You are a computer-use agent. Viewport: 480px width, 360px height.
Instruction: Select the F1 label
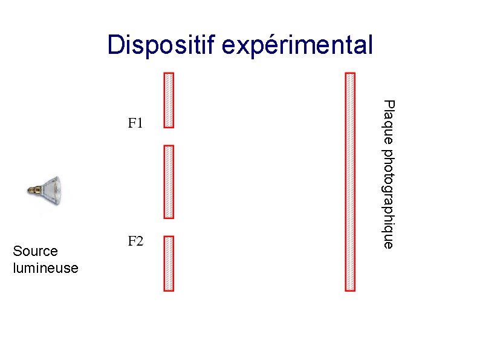(135, 124)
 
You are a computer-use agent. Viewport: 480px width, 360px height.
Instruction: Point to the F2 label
(135, 242)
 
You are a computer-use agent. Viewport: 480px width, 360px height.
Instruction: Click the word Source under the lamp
(35, 251)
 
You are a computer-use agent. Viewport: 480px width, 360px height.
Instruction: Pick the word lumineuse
(45, 267)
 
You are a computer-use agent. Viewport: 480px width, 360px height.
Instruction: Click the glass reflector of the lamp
(56, 191)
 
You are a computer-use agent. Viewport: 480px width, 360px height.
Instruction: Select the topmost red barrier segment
(169, 100)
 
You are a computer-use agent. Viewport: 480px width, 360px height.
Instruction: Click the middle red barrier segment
(169, 181)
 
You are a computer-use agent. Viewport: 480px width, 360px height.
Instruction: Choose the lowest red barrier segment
(169, 263)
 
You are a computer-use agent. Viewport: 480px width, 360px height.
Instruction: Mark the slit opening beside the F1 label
(169, 136)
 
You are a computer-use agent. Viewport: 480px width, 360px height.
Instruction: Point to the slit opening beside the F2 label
(169, 227)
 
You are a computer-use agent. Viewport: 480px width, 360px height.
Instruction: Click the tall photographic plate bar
(349, 182)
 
